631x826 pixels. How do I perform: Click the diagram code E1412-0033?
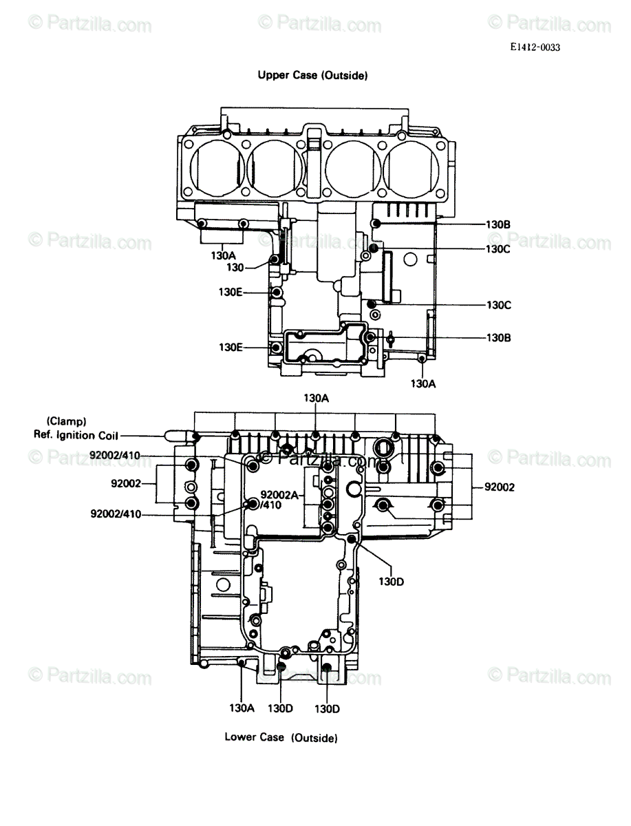(535, 47)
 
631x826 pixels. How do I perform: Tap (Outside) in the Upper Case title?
(345, 75)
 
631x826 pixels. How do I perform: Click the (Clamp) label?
(66, 421)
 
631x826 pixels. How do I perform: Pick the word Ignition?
(76, 436)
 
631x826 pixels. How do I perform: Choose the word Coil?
(108, 435)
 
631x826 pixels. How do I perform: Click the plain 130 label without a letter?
(235, 268)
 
